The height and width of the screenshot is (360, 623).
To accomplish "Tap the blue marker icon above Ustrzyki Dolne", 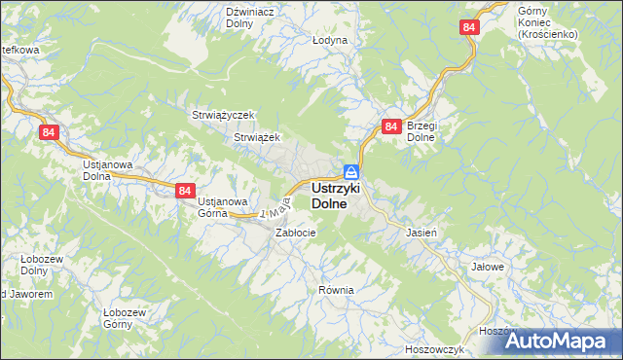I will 350,171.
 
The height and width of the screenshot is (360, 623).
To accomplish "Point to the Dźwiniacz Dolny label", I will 246,18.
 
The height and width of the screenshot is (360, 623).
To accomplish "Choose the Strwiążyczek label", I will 222,115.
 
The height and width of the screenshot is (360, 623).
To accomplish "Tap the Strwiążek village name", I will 257,138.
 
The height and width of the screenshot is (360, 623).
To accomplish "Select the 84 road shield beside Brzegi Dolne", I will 391,126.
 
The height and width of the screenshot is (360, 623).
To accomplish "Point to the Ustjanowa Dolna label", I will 107,171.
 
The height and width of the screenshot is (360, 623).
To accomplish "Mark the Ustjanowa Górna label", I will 223,207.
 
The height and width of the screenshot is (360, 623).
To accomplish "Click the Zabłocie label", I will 295,233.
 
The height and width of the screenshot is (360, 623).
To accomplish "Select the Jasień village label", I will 420,233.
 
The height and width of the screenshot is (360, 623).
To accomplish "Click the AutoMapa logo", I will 563,341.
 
